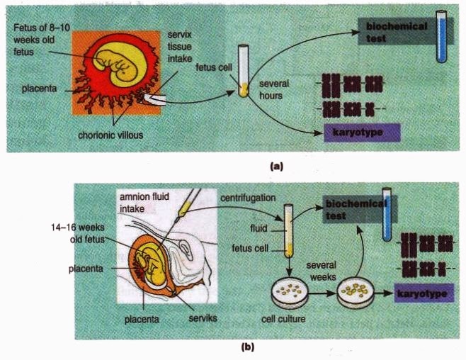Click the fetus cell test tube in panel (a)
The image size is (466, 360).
244,71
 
